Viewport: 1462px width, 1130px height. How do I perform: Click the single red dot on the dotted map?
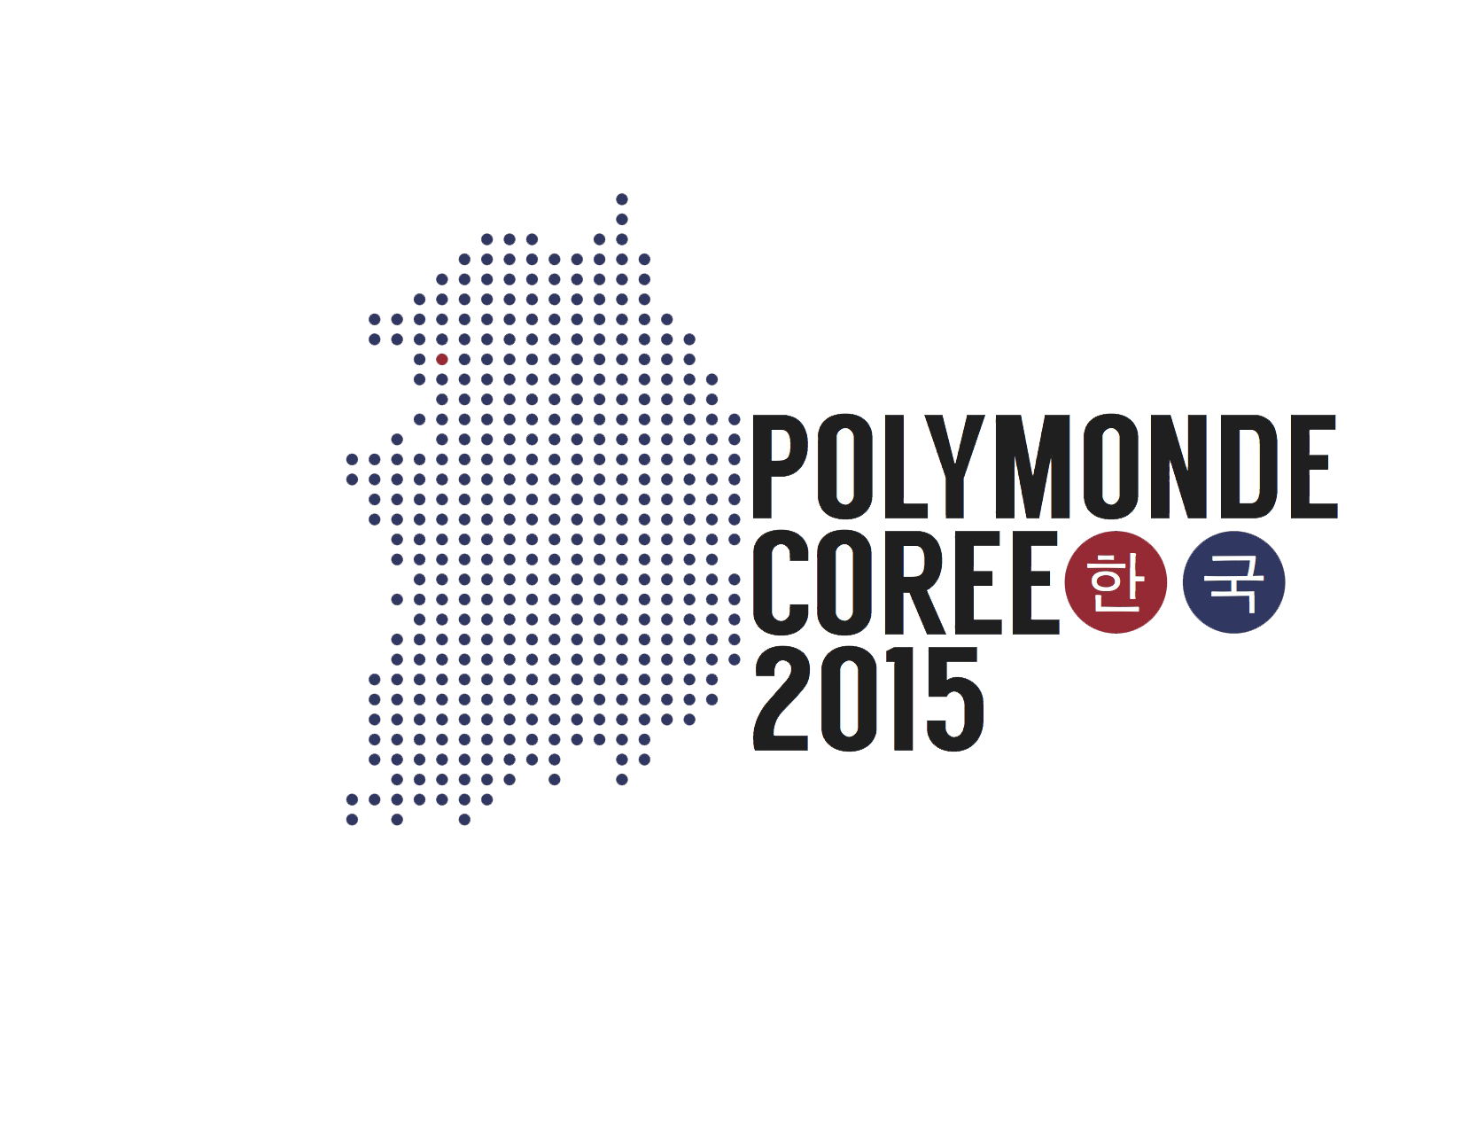click(x=442, y=360)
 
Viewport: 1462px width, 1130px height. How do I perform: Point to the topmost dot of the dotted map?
click(x=622, y=199)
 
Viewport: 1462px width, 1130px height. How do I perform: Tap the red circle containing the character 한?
click(x=1116, y=582)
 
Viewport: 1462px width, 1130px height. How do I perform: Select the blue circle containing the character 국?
click(x=1234, y=582)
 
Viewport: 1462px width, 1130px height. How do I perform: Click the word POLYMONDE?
click(x=1044, y=466)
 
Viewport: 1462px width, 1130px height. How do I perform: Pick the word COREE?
click(x=906, y=583)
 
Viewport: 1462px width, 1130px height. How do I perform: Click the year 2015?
click(x=868, y=699)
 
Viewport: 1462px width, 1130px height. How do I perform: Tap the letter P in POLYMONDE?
click(x=781, y=466)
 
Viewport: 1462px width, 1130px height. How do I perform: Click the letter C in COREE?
click(x=782, y=583)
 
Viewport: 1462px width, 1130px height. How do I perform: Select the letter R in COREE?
click(x=915, y=583)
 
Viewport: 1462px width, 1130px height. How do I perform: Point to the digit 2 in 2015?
click(x=781, y=698)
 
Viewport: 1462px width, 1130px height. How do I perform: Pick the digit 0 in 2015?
click(x=844, y=699)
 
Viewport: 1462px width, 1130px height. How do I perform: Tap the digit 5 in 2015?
click(x=956, y=700)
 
